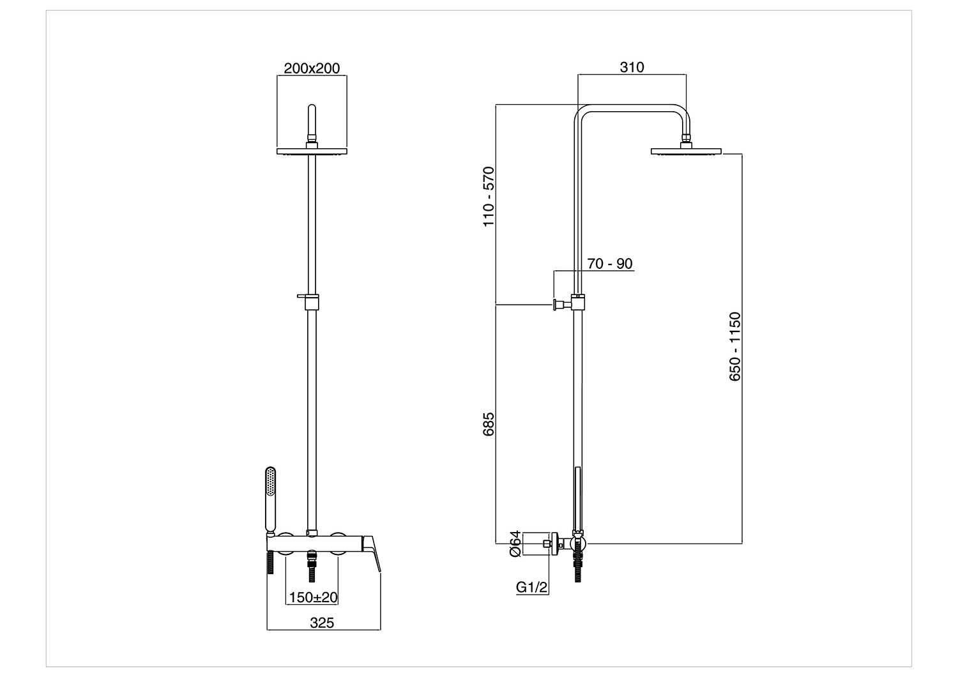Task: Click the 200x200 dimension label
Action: coord(312,68)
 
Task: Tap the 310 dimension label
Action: coord(632,67)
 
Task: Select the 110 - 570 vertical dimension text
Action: coord(488,196)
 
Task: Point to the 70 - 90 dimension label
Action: coord(609,263)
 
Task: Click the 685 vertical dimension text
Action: coord(488,424)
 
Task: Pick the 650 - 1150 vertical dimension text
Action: coord(734,346)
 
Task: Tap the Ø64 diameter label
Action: coord(515,543)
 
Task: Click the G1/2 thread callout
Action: coord(531,587)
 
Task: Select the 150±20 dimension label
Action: coord(314,597)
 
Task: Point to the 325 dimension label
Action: coord(322,623)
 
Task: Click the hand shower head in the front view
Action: coord(270,500)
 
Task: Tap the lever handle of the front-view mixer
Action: coord(371,553)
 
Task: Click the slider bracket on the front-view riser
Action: coord(309,301)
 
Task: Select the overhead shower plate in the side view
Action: coord(686,151)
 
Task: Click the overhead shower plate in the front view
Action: coord(312,151)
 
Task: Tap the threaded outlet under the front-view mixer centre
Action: coord(312,565)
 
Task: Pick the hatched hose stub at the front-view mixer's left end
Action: coord(270,563)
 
